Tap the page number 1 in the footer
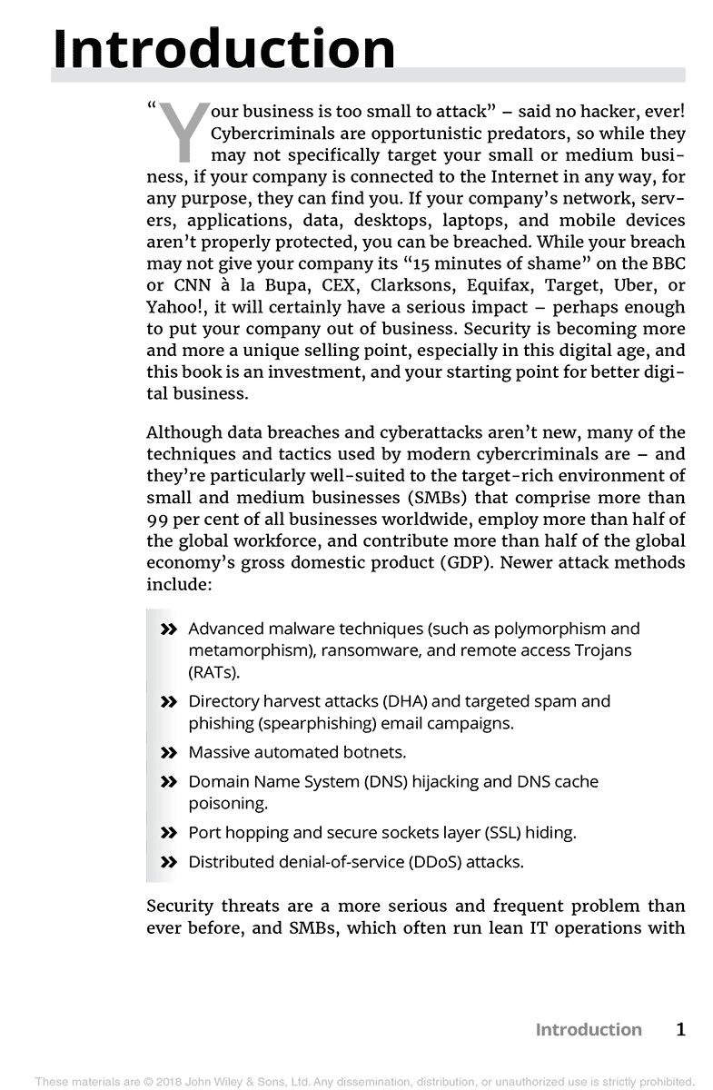[680, 1029]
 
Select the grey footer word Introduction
[588, 1029]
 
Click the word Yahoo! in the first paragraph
[175, 308]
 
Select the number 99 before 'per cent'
[158, 520]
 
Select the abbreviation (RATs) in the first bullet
[213, 673]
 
